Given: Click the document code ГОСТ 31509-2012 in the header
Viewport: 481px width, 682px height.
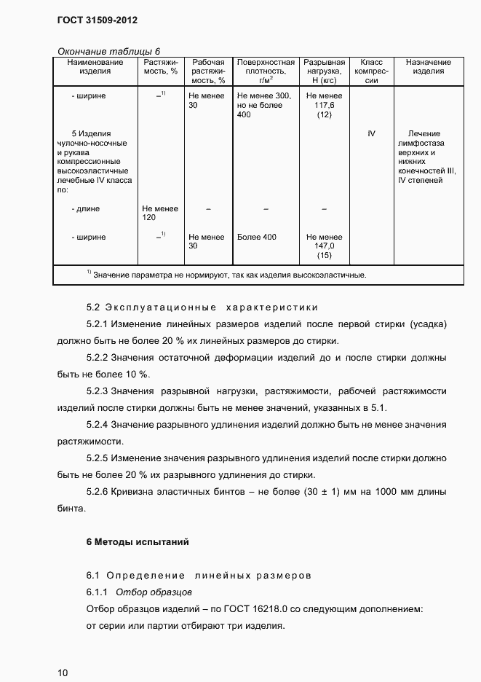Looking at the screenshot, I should pyautogui.click(x=97, y=20).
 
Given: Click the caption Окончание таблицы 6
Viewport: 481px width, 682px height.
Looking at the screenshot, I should pyautogui.click(x=107, y=51).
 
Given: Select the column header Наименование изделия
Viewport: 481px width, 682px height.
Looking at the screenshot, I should pyautogui.click(x=95, y=67).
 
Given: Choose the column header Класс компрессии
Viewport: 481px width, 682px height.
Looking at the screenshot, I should pyautogui.click(x=371, y=71).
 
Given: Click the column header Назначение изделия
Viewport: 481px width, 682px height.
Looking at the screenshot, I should pyautogui.click(x=429, y=67).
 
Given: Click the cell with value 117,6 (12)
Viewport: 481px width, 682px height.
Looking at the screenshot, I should pyautogui.click(x=324, y=106).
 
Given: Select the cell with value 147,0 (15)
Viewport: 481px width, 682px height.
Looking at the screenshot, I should pyautogui.click(x=324, y=246).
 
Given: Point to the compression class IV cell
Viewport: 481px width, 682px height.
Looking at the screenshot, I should pyautogui.click(x=371, y=134).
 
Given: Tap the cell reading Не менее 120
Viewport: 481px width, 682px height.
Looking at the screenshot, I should pyautogui.click(x=160, y=213).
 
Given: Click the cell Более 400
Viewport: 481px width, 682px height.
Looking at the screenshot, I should pyautogui.click(x=257, y=238).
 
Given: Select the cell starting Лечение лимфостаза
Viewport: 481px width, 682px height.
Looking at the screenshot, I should pyautogui.click(x=429, y=157).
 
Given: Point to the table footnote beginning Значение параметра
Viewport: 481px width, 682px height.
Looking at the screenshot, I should pyautogui.click(x=226, y=275).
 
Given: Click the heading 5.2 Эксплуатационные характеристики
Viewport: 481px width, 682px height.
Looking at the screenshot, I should pyautogui.click(x=202, y=307).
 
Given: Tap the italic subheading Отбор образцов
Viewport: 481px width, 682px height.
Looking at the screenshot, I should pyautogui.click(x=154, y=592).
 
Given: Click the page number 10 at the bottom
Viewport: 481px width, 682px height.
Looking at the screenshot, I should pyautogui.click(x=63, y=672).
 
